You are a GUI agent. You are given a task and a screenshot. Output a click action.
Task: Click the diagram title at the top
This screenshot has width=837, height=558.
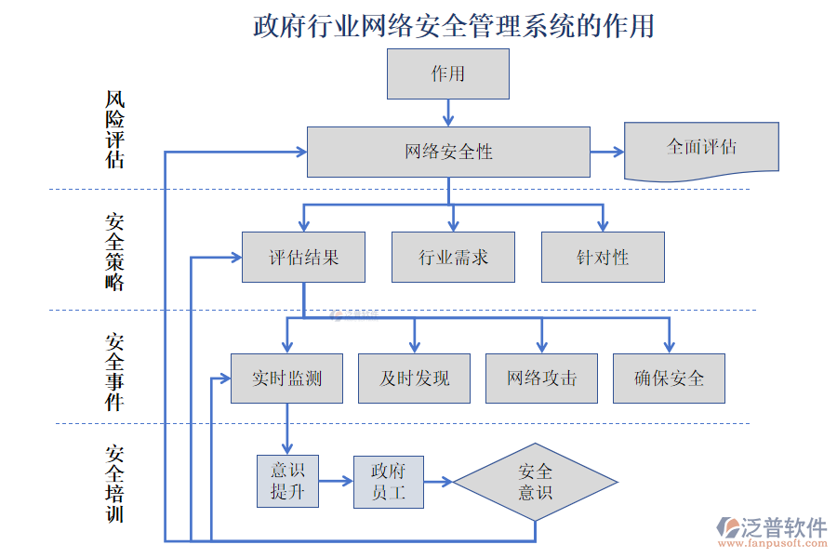(453, 25)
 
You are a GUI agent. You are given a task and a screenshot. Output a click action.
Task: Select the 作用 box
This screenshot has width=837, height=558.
(448, 74)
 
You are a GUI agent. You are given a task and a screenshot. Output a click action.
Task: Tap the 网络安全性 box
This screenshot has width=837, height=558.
(448, 152)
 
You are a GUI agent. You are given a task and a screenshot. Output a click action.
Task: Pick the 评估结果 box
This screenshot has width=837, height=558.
(303, 258)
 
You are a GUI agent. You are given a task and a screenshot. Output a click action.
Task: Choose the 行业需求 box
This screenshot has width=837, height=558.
(453, 258)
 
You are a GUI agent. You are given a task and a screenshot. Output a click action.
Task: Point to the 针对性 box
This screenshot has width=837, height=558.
(603, 258)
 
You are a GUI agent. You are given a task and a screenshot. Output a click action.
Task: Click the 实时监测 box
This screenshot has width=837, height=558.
(286, 379)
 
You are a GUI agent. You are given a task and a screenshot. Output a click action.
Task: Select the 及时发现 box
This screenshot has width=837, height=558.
(414, 379)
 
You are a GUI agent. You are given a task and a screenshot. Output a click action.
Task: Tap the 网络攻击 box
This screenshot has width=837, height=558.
(541, 379)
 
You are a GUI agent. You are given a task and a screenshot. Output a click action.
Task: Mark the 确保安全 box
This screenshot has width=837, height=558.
(669, 379)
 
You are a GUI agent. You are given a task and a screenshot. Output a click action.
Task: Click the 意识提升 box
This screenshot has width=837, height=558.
(287, 481)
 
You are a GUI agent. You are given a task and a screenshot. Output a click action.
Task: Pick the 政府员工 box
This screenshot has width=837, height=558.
(388, 482)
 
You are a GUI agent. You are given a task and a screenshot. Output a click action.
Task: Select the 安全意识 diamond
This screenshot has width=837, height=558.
(535, 482)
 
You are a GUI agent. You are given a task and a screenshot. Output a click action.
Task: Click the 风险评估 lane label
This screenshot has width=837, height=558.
(114, 129)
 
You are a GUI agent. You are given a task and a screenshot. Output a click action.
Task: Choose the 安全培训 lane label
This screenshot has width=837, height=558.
(114, 484)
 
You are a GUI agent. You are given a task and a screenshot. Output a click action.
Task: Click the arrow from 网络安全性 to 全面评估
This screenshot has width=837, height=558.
(607, 152)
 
